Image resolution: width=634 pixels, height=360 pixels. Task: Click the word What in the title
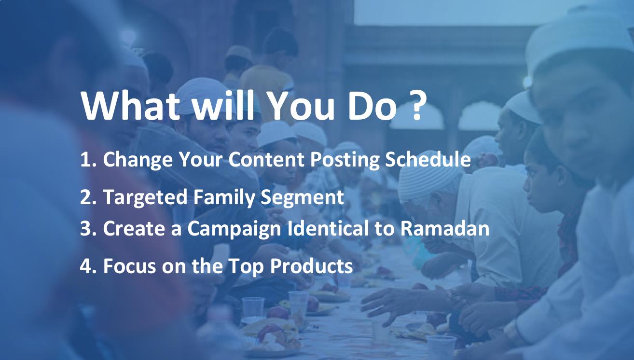(130, 105)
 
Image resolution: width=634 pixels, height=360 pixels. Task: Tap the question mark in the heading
(417, 105)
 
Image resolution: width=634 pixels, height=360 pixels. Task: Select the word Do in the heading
(372, 106)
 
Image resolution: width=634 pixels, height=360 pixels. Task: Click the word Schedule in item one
(427, 159)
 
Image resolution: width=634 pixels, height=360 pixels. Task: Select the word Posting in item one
(345, 160)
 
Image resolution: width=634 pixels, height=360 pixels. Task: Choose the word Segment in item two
(302, 198)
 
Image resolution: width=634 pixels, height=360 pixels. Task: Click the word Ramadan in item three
(445, 228)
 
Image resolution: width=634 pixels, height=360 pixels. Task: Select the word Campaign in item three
(234, 229)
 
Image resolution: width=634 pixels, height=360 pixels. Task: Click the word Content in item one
(266, 159)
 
